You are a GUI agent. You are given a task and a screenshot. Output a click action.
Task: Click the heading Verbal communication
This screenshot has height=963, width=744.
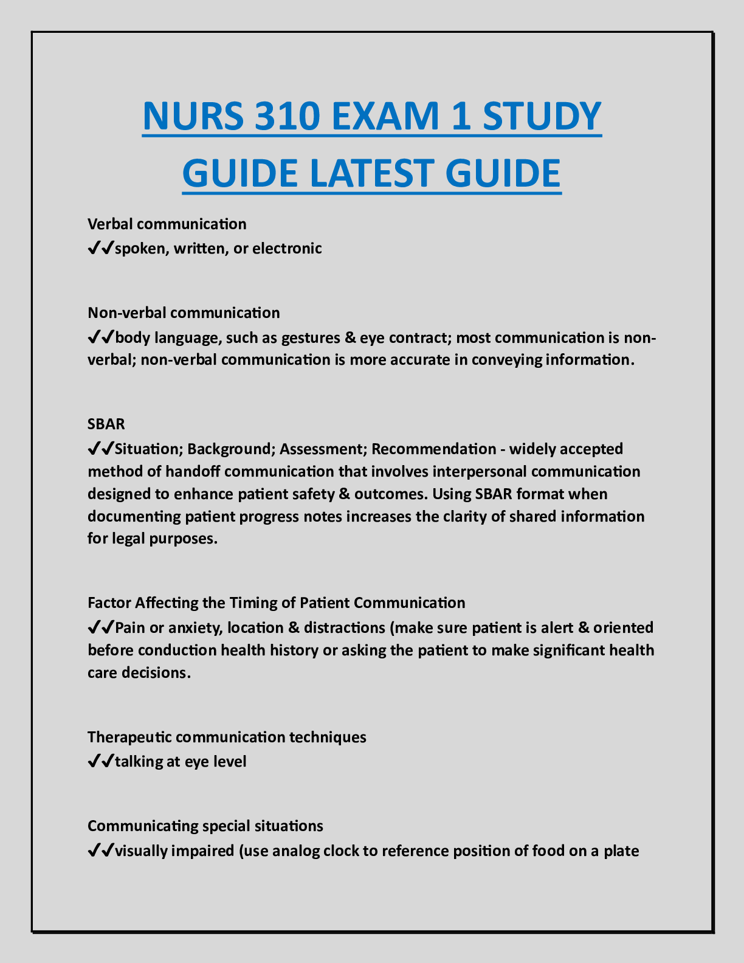coord(167,224)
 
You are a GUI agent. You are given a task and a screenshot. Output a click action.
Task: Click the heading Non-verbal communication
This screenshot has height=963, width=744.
coord(184,313)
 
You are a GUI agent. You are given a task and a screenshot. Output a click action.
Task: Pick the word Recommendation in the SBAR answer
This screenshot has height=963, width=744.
coord(433,449)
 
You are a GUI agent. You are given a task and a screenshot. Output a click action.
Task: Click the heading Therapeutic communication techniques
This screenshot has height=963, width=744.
coord(227,737)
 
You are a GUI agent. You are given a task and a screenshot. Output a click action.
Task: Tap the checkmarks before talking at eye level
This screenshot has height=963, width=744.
coord(100,762)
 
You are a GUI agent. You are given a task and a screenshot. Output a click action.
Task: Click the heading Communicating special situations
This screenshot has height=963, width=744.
coord(205,826)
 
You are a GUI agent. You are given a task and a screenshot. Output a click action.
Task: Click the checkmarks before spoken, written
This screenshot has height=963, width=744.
coord(100,249)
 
